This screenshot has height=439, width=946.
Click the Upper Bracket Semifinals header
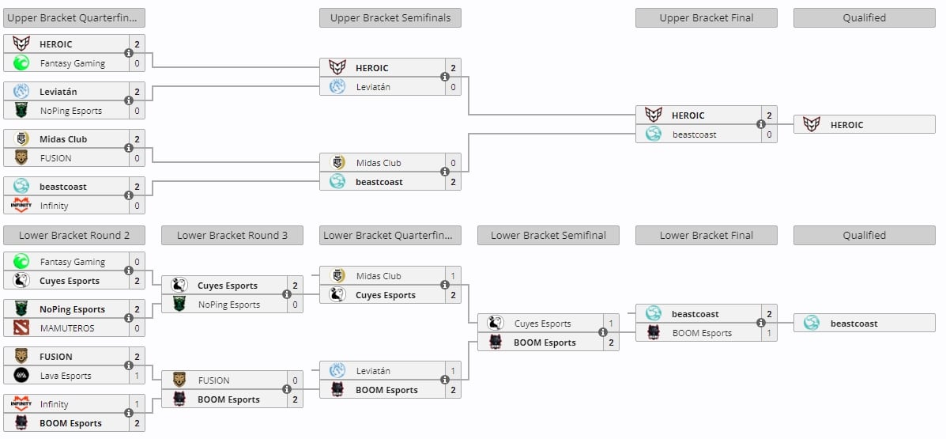[x=390, y=17]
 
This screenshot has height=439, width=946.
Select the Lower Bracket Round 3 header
[x=232, y=235]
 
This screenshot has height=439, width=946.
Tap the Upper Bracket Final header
[x=706, y=17]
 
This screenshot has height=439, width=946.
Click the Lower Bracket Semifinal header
[x=548, y=235]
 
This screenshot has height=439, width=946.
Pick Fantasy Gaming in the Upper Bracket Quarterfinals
[x=72, y=63]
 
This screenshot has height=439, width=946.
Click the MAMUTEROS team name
[x=66, y=328]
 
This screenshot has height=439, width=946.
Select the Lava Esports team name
[x=66, y=376]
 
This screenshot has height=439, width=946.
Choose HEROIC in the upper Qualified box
[x=846, y=125]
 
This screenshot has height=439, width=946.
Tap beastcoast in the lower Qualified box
[x=854, y=324]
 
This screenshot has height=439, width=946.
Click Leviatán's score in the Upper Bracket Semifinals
[x=453, y=87]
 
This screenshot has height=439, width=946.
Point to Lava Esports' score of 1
[x=137, y=376]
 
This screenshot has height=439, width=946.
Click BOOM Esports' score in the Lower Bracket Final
[x=769, y=333]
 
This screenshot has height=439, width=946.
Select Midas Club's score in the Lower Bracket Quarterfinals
[x=453, y=276]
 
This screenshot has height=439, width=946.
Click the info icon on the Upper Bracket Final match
[x=761, y=124]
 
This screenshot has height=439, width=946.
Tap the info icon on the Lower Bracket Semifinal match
[x=603, y=333]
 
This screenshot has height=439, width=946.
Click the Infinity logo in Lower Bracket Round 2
[x=21, y=404]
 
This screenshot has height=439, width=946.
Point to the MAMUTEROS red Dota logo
[x=21, y=328]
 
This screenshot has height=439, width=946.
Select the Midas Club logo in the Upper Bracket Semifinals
[x=337, y=163]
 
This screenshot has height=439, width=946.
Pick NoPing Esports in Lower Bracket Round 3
[x=228, y=305]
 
